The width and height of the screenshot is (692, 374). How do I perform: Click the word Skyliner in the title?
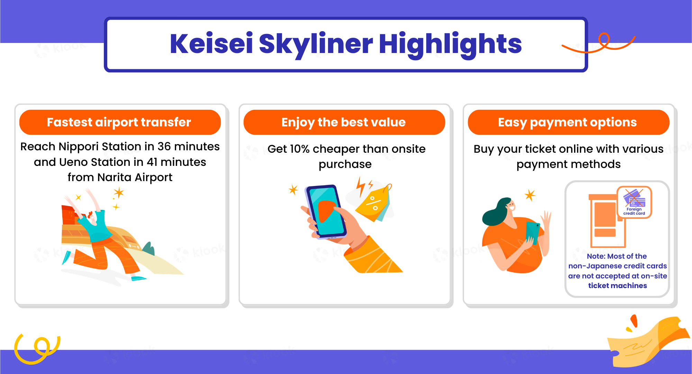pyautogui.click(x=316, y=44)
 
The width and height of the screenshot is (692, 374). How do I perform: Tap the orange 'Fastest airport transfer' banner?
pyautogui.click(x=120, y=122)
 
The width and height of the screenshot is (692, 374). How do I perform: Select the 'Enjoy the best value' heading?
pyautogui.click(x=344, y=122)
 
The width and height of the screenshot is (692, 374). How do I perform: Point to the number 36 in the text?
pyautogui.click(x=164, y=146)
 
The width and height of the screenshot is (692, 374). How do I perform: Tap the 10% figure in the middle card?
pyautogui.click(x=300, y=149)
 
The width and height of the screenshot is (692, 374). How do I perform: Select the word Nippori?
pyautogui.click(x=79, y=147)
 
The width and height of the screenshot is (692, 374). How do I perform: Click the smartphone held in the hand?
pyautogui.click(x=326, y=212)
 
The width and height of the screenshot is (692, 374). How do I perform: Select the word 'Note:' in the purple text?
pyautogui.click(x=596, y=256)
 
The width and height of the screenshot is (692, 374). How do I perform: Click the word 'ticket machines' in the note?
pyautogui.click(x=618, y=286)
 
